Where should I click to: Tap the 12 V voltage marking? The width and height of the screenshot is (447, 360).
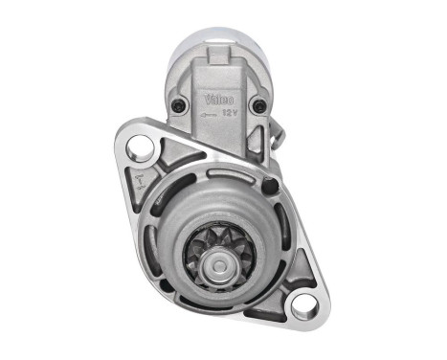(x=231, y=112)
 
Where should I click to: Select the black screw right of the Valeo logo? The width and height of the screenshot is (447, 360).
(x=257, y=105)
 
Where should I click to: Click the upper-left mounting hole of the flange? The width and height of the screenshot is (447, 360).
(x=140, y=146)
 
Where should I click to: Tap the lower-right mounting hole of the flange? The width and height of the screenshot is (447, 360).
(x=303, y=306)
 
